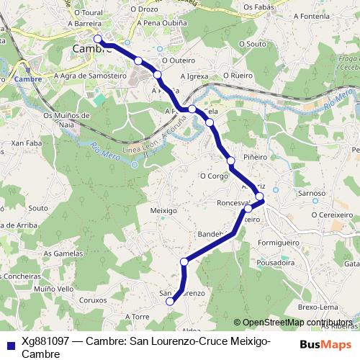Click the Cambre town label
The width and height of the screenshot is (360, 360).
click(x=92, y=48)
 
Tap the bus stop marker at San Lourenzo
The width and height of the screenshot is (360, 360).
click(x=170, y=302)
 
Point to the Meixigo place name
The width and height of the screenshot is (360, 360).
click(x=163, y=210)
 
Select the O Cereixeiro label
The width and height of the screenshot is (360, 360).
click(x=333, y=214)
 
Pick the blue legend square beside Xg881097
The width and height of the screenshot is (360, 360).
click(x=10, y=344)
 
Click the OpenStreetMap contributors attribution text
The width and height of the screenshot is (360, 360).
click(x=297, y=323)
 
